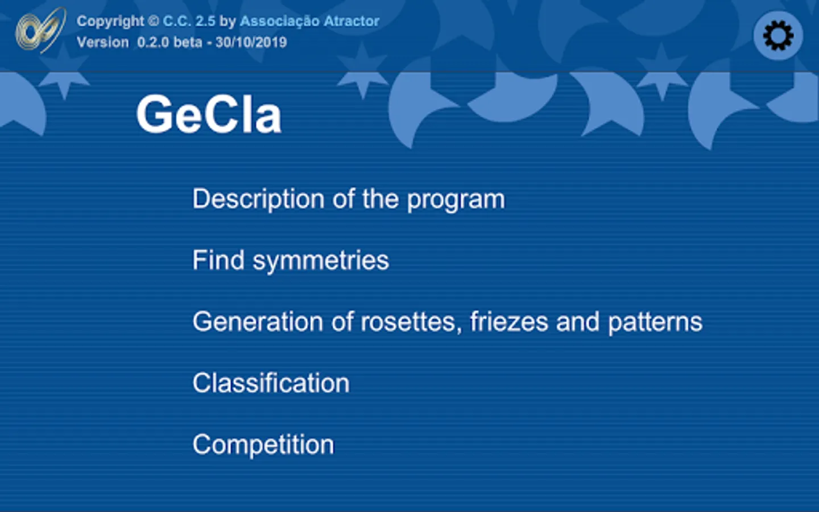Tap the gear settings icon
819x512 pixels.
click(778, 35)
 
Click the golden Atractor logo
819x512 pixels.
click(41, 30)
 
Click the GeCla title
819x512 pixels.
click(209, 114)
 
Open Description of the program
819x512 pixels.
click(349, 199)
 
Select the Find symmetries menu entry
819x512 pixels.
click(291, 261)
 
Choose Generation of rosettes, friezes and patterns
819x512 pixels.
click(448, 322)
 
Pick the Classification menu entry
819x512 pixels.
click(271, 383)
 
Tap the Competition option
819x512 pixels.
click(263, 445)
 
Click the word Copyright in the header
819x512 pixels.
click(110, 22)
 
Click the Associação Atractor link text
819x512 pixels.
click(309, 21)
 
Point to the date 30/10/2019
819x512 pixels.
click(251, 43)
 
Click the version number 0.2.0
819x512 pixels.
click(153, 43)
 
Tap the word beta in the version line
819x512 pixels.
click(188, 43)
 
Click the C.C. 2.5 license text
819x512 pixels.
click(189, 21)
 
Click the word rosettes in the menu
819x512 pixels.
click(411, 323)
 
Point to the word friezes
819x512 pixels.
click(509, 322)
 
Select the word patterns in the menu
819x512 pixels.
click(655, 323)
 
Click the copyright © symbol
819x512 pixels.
click(154, 21)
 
